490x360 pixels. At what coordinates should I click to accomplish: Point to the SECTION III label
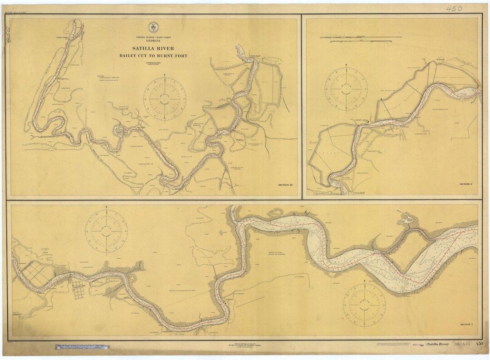point(285,185)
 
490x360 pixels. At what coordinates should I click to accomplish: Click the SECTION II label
point(466,184)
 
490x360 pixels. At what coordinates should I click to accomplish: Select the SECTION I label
point(466,325)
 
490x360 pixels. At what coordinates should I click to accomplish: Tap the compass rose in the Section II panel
point(347,88)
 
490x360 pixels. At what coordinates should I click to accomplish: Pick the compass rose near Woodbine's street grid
point(107,230)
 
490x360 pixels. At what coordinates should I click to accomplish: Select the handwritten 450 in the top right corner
point(453,9)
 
